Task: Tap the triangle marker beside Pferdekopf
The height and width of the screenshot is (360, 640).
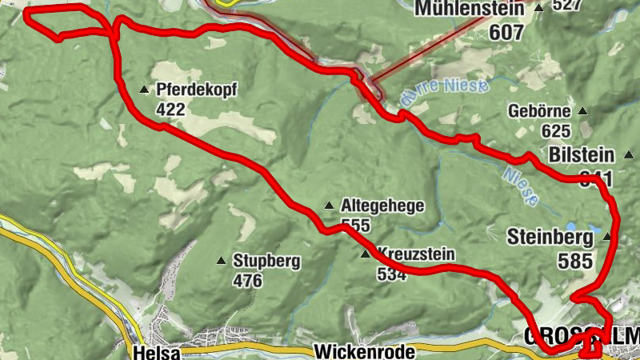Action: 144,89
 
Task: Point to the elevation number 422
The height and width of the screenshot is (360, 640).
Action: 171,109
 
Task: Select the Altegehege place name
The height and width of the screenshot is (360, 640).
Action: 382,206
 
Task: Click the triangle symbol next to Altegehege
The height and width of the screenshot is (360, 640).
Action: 328,206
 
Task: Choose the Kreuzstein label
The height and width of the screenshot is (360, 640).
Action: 415,254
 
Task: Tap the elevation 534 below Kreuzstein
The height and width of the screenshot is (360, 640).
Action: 392,275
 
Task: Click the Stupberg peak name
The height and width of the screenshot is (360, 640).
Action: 266,260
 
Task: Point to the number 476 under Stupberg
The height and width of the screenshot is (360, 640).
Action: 248,281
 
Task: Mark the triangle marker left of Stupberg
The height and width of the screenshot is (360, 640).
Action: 221,260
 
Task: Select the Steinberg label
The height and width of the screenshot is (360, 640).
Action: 550,237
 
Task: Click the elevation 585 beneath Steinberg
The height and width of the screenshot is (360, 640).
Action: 576,261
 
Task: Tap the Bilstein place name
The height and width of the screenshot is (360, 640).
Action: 582,154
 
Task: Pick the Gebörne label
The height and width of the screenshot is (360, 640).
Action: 539,112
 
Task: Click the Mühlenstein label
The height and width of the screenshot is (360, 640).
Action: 470,9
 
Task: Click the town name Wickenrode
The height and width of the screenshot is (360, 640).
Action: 364,351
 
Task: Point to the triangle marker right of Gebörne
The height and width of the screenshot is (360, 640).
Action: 582,111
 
